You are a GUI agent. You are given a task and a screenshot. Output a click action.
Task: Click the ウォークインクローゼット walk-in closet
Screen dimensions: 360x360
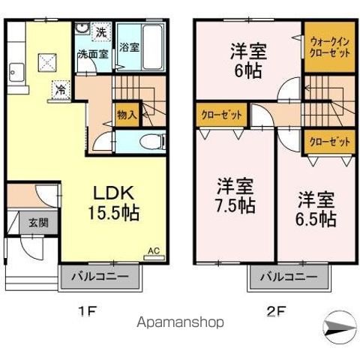point(329,48)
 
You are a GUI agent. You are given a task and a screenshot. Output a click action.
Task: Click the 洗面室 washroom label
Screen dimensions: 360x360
point(94,54)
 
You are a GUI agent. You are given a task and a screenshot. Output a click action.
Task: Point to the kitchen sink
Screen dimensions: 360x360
point(16,73)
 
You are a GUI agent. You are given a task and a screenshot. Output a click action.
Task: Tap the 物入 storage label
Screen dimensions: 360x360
point(126,115)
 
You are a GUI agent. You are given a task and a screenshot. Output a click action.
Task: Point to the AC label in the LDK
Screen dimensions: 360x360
point(153,250)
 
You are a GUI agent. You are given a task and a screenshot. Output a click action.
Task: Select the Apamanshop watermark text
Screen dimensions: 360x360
point(180,322)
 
